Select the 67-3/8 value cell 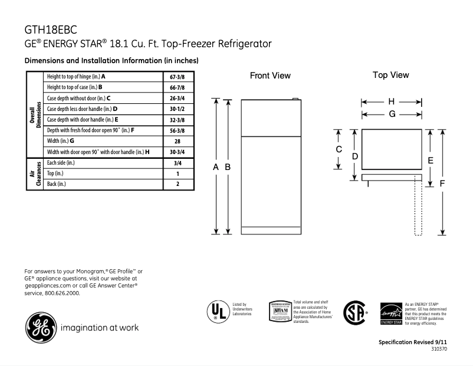(178, 77)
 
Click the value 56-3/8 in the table (178, 130)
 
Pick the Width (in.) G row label (60, 141)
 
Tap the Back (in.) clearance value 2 (178, 184)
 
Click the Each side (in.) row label (61, 162)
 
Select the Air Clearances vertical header (35, 174)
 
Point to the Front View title (270, 76)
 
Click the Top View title (390, 75)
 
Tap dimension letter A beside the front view (216, 167)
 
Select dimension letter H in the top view (391, 102)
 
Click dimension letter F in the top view (443, 183)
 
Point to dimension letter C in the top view (339, 149)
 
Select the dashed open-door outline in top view (418, 207)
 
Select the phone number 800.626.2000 (61, 293)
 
